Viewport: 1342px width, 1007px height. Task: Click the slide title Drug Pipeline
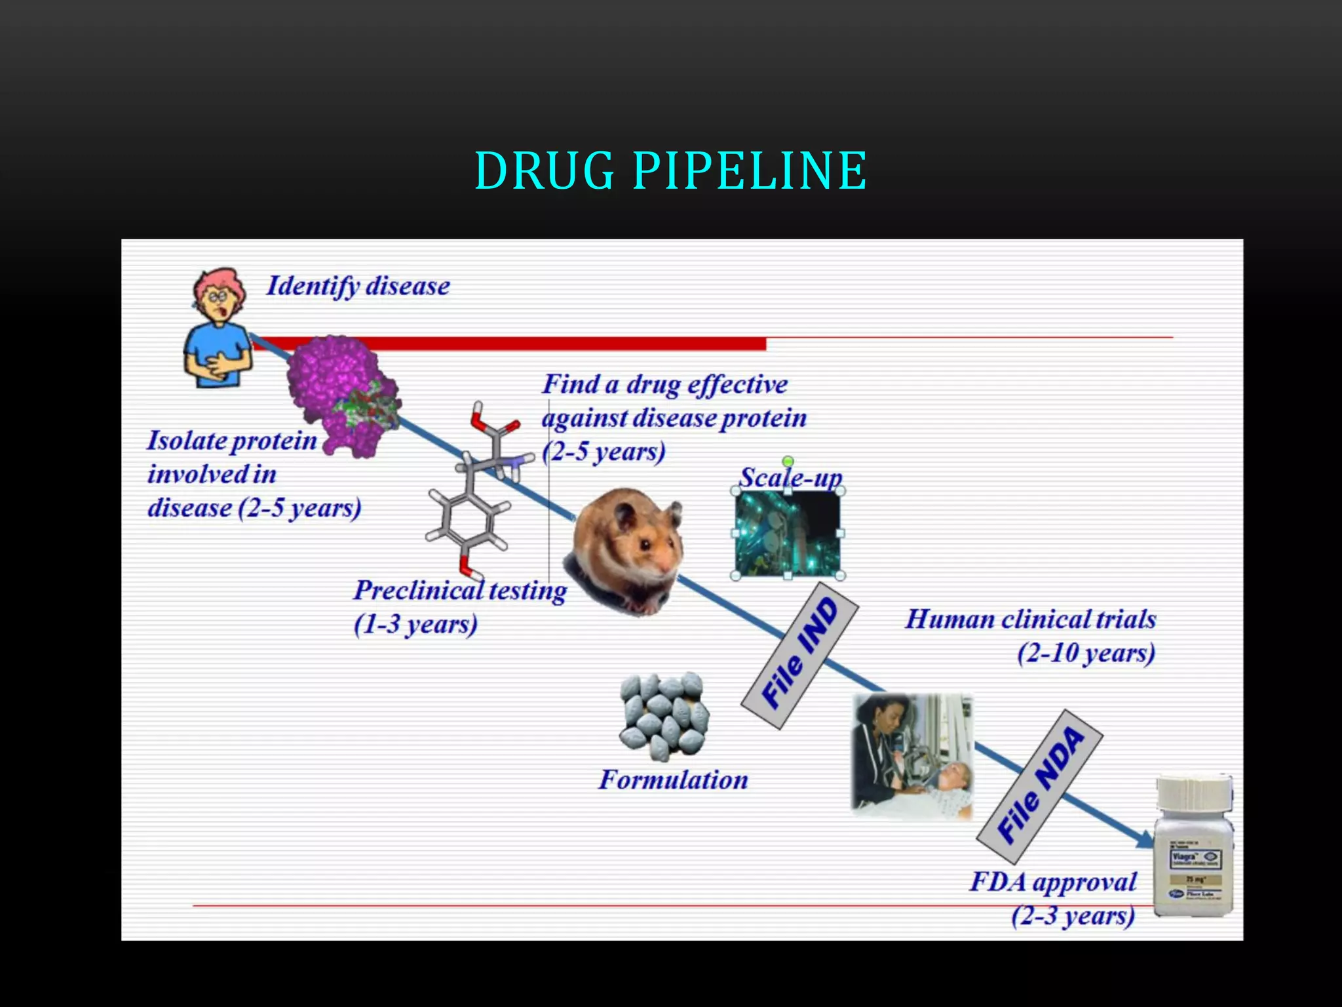tap(671, 170)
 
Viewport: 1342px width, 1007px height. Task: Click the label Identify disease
tap(358, 286)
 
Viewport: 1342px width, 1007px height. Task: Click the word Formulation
tap(673, 780)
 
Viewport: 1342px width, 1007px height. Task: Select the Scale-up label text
tap(790, 477)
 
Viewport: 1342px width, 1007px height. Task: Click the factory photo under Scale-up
tap(788, 533)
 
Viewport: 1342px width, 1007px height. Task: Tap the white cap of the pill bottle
tap(1194, 793)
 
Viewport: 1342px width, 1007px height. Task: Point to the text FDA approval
tap(1053, 882)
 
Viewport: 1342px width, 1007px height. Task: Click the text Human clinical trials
tap(1030, 620)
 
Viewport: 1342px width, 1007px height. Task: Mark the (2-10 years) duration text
tap(1086, 654)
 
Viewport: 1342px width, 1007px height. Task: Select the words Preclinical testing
tap(460, 591)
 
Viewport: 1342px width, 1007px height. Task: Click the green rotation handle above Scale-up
tap(788, 462)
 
